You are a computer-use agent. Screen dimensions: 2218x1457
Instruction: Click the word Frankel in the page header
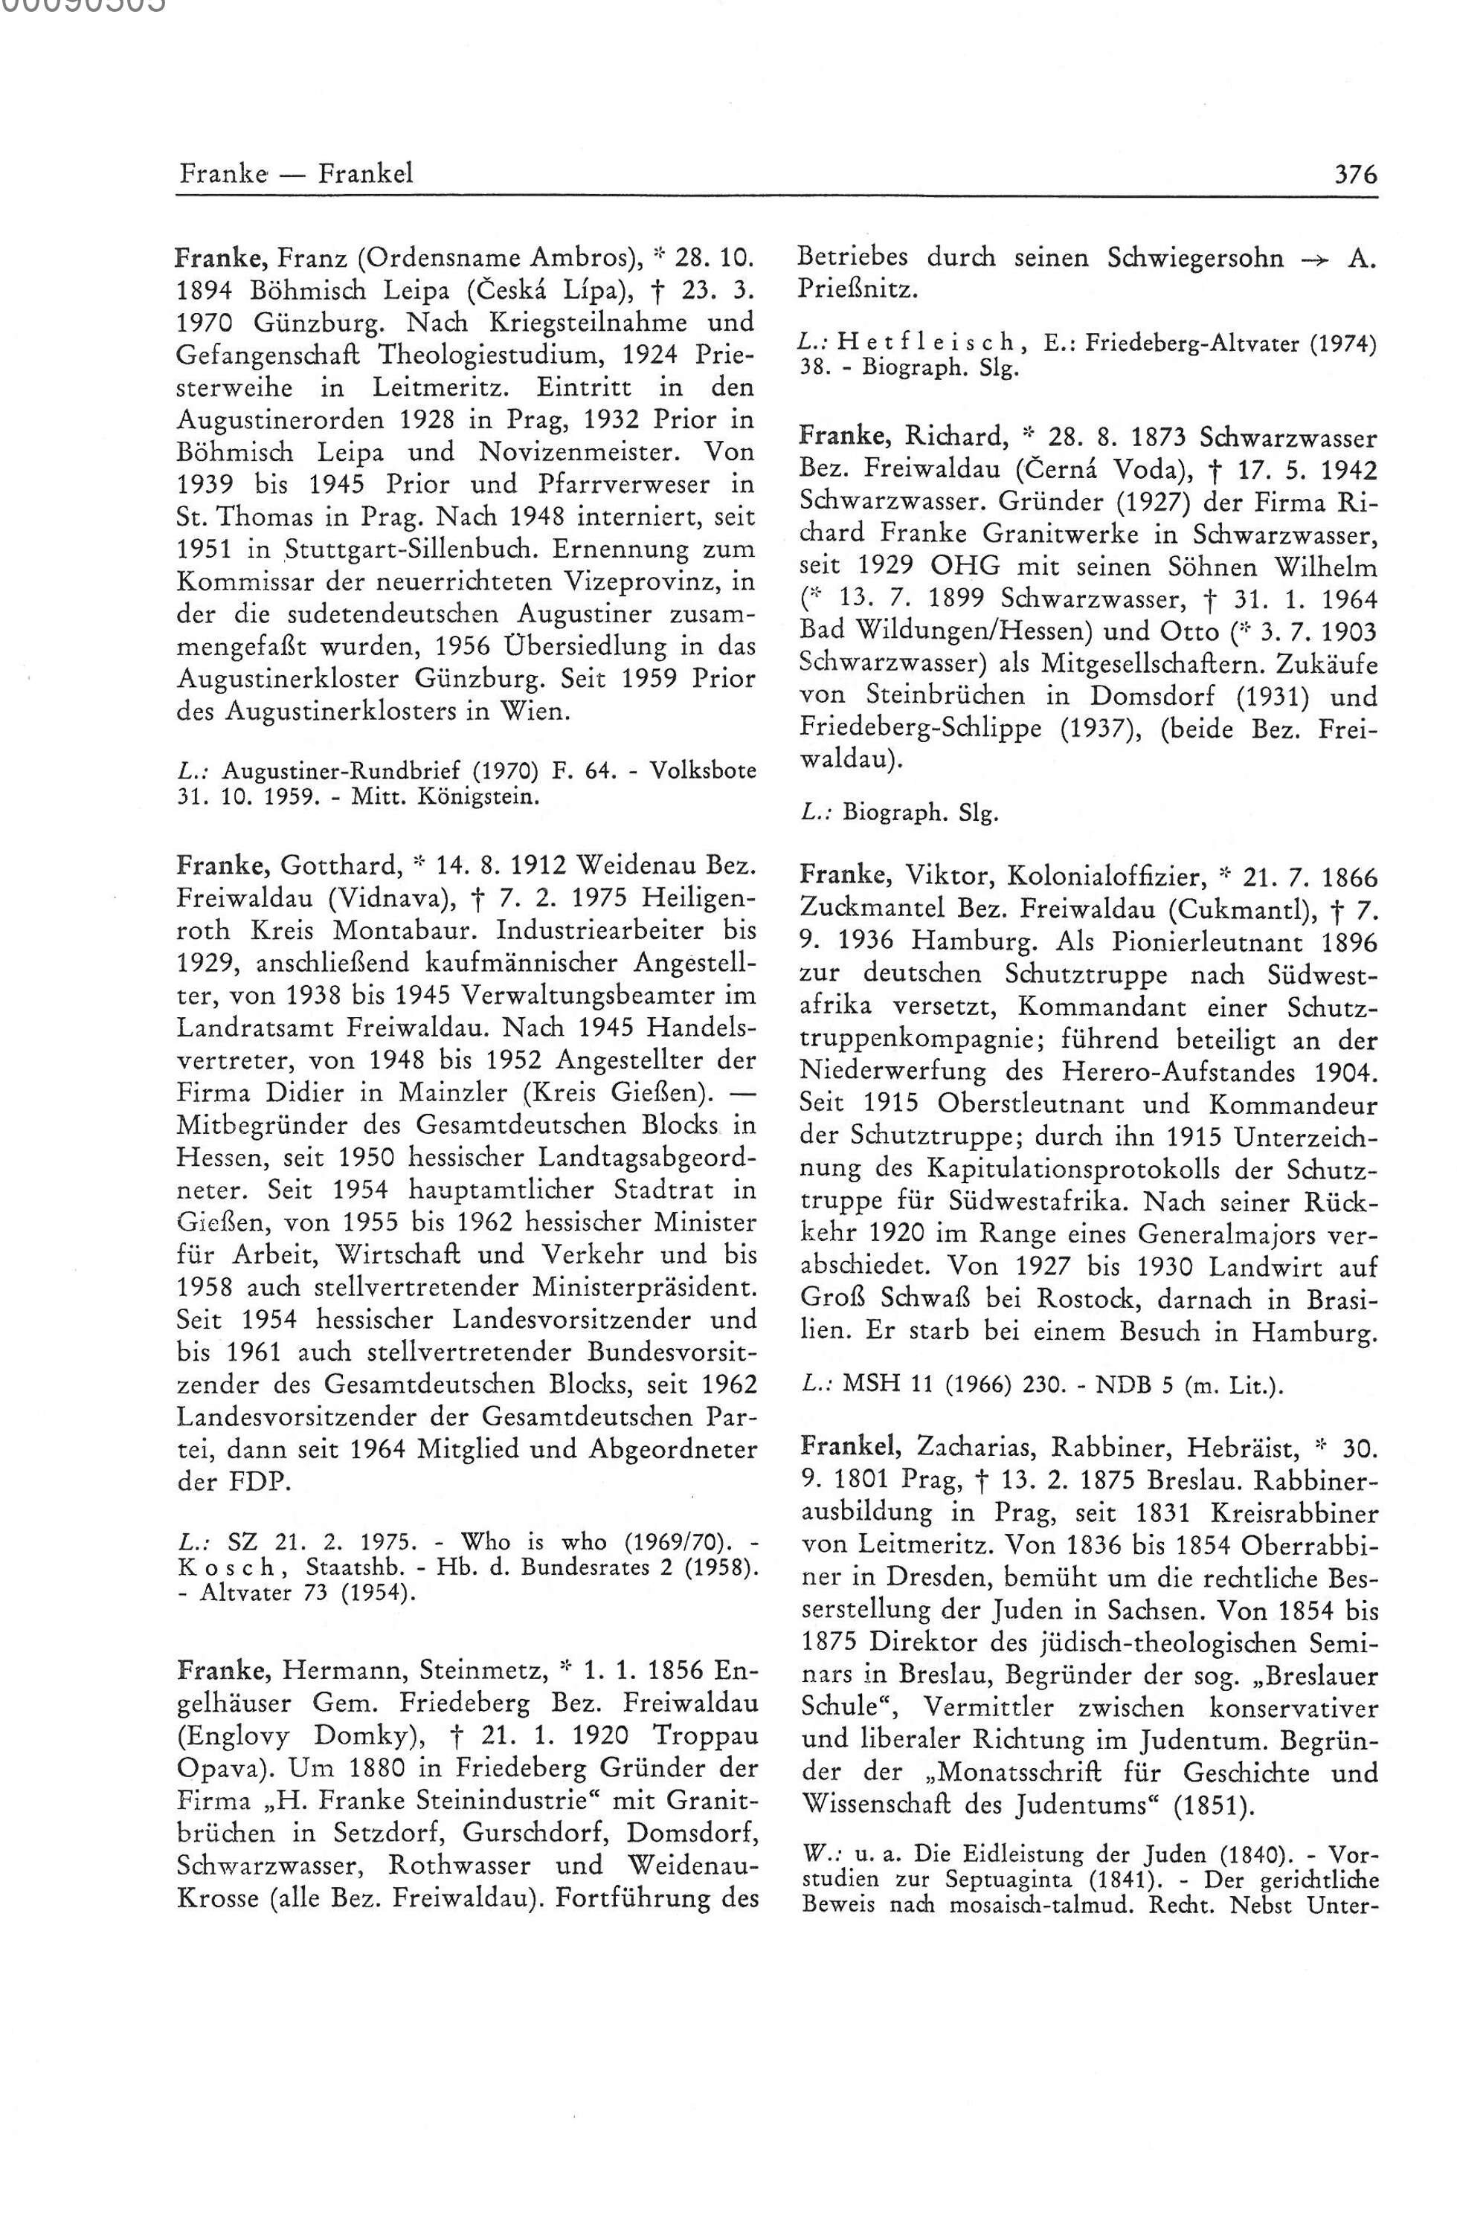(x=365, y=174)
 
